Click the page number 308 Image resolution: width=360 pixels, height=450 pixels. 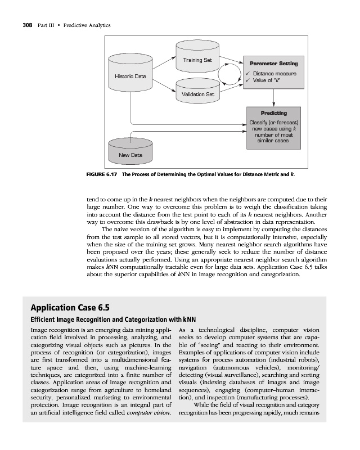pos(22,26)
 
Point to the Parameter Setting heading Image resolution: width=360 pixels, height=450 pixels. pos(274,63)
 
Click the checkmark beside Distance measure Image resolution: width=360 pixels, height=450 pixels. pos(247,74)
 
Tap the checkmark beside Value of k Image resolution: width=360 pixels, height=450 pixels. pos(247,81)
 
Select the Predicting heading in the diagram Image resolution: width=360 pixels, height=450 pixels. pos(273,113)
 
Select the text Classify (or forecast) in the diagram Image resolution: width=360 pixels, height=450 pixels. pos(273,123)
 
